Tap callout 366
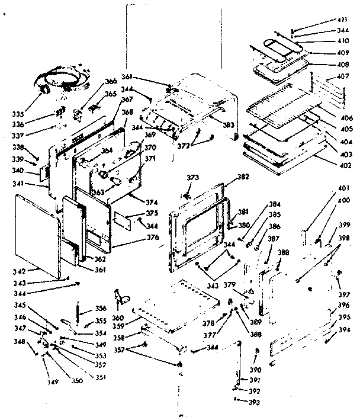[x=111, y=82]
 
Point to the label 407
[x=343, y=76]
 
